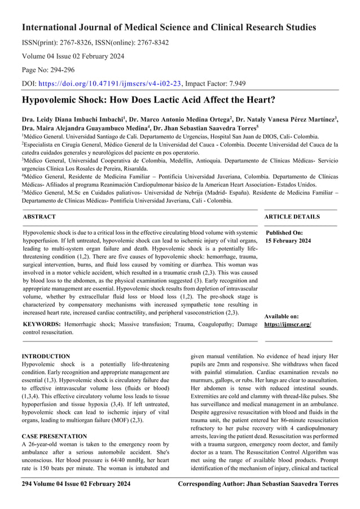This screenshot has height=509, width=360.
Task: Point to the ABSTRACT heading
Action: [x=39, y=217]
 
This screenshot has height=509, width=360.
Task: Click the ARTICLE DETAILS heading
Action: [x=292, y=217]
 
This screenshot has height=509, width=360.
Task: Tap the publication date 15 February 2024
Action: [x=288, y=241]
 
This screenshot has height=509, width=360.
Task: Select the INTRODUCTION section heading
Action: [x=46, y=357]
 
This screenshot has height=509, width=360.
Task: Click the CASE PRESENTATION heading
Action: [x=54, y=436]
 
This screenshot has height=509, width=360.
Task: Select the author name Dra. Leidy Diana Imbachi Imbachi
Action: [x=71, y=120]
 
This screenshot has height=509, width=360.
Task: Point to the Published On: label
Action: [x=284, y=232]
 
